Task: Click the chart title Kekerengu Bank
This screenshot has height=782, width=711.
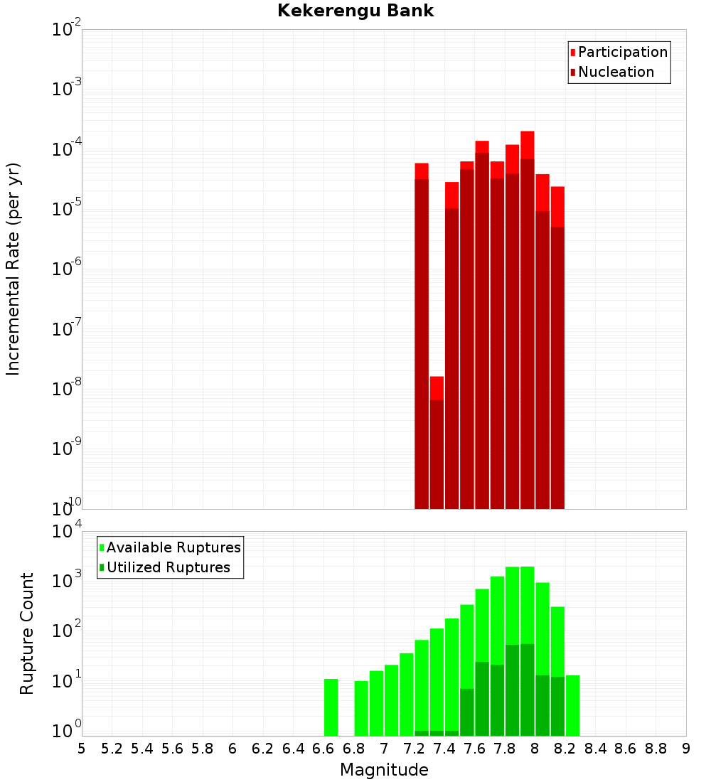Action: click(355, 11)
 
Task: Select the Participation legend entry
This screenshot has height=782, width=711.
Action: click(622, 52)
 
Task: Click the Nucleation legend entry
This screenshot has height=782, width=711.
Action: click(616, 72)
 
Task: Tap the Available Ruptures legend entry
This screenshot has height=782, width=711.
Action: click(173, 547)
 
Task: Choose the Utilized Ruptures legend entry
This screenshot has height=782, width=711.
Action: click(168, 567)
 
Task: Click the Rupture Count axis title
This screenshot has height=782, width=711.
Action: click(27, 633)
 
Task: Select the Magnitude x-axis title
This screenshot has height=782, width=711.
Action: click(384, 769)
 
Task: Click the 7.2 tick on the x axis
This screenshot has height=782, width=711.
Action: click(415, 749)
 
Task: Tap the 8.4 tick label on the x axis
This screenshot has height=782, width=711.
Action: click(596, 749)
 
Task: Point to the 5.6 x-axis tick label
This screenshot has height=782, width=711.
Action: click(173, 749)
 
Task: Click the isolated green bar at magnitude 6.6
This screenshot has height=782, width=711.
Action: click(331, 707)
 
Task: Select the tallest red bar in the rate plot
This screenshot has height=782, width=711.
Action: click(527, 320)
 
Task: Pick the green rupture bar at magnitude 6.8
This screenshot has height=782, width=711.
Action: click(361, 708)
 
